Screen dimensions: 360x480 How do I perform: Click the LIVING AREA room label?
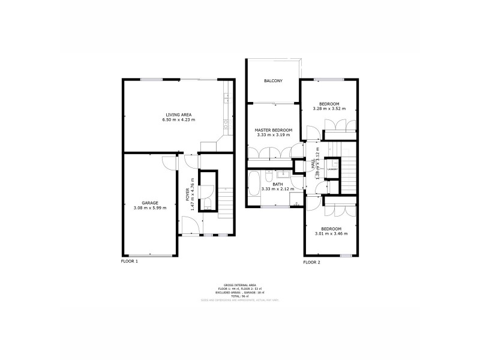click(x=178, y=115)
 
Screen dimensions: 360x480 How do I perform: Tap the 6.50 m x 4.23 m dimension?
click(x=178, y=120)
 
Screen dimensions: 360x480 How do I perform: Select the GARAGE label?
click(x=149, y=203)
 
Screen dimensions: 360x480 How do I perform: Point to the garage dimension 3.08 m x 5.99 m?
click(x=149, y=208)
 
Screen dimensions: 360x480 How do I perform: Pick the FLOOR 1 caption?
click(x=129, y=262)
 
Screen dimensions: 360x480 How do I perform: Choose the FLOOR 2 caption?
click(x=312, y=262)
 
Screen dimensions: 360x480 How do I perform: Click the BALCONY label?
click(x=273, y=81)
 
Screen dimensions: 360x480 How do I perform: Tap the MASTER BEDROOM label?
click(x=273, y=130)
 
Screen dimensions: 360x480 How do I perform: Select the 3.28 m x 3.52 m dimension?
click(x=330, y=109)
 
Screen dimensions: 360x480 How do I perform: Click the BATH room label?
click(x=278, y=184)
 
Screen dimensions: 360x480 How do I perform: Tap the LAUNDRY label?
click(x=332, y=169)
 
